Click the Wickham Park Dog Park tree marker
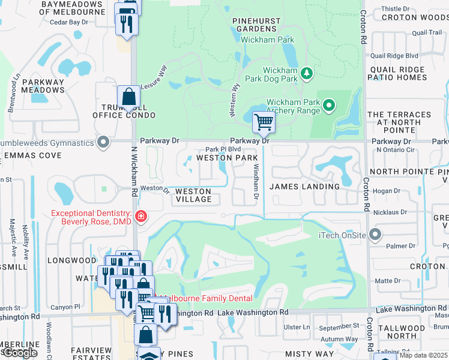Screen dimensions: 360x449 pos(307,73)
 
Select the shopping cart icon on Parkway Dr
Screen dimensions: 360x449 pos(264,122)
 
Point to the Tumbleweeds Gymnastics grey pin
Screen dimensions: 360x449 pos(104,143)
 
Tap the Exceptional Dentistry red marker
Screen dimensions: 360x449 pos(141,217)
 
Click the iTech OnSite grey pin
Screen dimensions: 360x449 pos(376,235)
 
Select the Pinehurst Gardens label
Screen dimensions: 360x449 pos(256,25)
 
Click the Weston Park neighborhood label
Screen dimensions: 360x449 pos(227,158)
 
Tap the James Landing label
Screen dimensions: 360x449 pos(304,187)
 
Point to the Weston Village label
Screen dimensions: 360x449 pos(193,195)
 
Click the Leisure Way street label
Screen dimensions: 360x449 pos(152,78)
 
